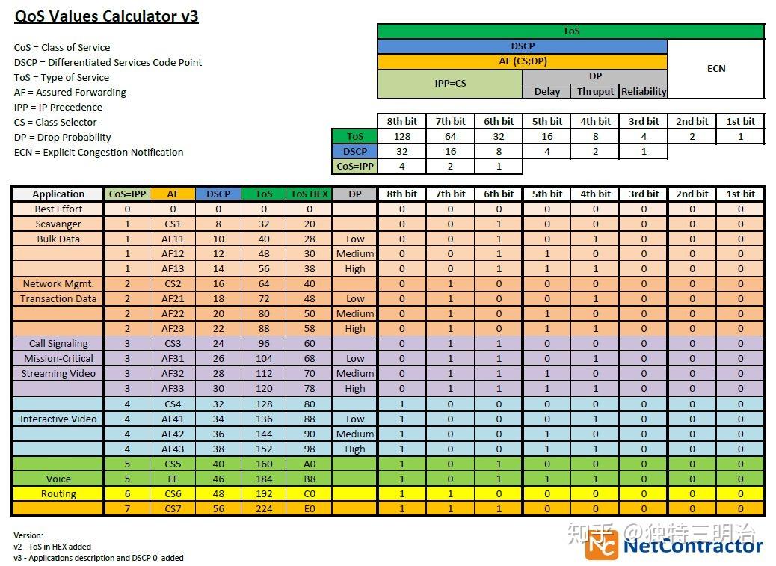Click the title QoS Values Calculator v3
click(107, 16)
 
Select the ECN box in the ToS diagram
click(715, 68)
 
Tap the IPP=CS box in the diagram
click(450, 83)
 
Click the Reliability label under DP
click(643, 91)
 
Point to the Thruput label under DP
click(595, 91)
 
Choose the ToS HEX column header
click(309, 194)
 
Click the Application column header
click(58, 194)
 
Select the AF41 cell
click(173, 419)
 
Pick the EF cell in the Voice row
click(173, 479)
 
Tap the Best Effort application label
click(58, 209)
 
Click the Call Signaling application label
click(58, 343)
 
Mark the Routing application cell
click(58, 493)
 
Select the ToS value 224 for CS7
click(264, 508)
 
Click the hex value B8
click(309, 479)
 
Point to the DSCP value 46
click(218, 479)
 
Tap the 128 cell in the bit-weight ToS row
click(401, 136)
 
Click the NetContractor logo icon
click(601, 544)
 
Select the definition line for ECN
click(99, 152)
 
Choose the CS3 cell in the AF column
click(173, 343)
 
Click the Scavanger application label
click(58, 224)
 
